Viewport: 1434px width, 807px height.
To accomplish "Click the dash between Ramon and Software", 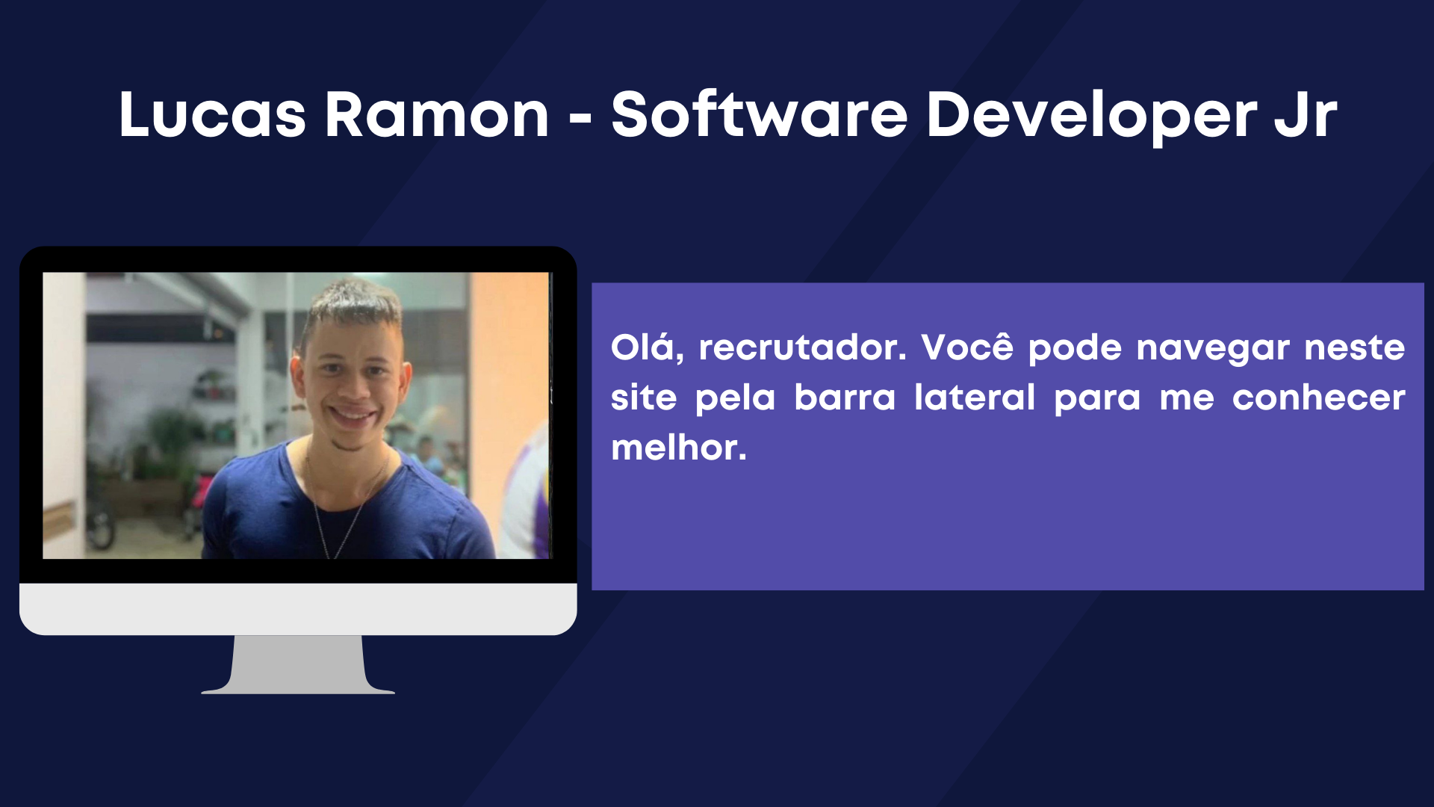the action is (x=580, y=117).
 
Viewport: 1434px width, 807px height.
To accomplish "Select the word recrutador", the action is (x=802, y=348).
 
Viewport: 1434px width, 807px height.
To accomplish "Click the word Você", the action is (x=967, y=347).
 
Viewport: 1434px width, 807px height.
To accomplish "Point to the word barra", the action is (x=845, y=397).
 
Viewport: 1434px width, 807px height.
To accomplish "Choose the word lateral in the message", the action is (x=975, y=397).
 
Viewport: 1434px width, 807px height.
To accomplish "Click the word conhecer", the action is (x=1318, y=398).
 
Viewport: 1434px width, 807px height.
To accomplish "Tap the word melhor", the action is (x=679, y=448).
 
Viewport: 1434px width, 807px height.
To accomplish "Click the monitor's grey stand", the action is (x=298, y=664).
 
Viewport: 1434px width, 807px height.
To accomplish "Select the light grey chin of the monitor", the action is (x=298, y=609).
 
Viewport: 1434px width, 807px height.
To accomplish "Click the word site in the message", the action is (x=643, y=397).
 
